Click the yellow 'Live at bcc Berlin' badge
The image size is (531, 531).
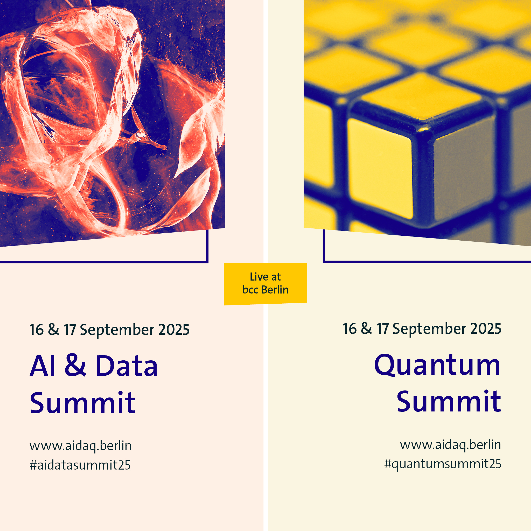point(265,284)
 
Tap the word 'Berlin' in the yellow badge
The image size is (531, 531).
point(275,290)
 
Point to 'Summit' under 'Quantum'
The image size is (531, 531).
point(449,401)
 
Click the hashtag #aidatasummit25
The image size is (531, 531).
point(80,465)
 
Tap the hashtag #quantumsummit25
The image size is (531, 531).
point(443,464)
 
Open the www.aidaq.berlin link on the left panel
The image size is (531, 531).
point(81,446)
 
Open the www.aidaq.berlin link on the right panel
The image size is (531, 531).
point(450,445)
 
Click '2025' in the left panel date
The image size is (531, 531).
point(174,330)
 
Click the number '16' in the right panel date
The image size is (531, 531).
point(350,329)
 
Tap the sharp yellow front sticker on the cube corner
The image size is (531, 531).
point(380,168)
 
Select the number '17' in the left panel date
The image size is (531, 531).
point(70,330)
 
